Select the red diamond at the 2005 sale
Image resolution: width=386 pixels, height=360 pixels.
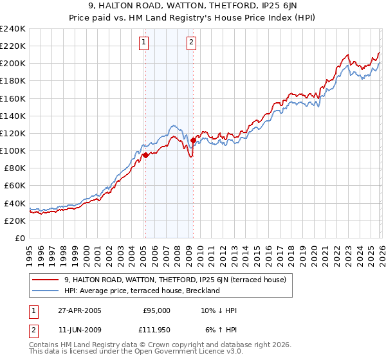(x=146, y=155)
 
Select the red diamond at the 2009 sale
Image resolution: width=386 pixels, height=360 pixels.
(x=193, y=139)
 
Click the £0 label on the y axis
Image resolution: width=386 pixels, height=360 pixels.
(x=19, y=238)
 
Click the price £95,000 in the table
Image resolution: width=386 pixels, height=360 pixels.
(x=156, y=310)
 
